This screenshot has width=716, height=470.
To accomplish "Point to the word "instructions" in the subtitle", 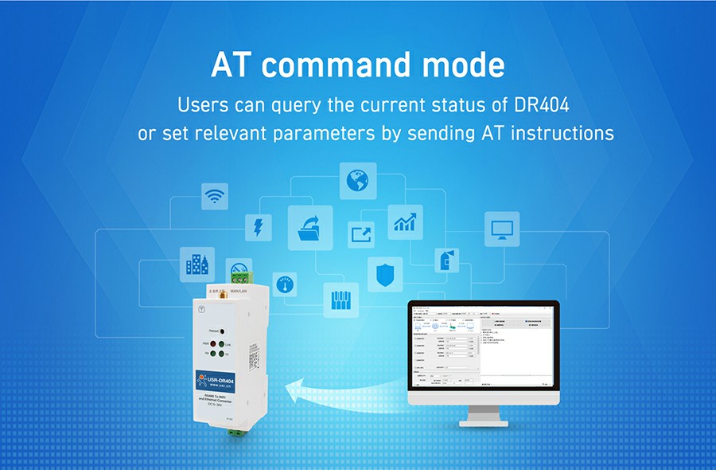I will pyautogui.click(x=562, y=133).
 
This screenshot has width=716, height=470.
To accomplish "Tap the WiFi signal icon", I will pyautogui.click(x=214, y=196).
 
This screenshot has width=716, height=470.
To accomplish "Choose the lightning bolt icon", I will pyautogui.click(x=258, y=228).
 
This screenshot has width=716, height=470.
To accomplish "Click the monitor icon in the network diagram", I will pyautogui.click(x=502, y=229).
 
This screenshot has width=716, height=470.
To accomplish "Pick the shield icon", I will pyautogui.click(x=384, y=273).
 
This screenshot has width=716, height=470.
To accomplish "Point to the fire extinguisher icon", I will pyautogui.click(x=444, y=260).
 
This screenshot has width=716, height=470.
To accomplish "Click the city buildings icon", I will pyautogui.click(x=194, y=262).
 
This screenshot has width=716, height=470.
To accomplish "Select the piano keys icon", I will pyautogui.click(x=340, y=300).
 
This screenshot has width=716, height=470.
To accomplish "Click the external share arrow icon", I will pyautogui.click(x=360, y=234).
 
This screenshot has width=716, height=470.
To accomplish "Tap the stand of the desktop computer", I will pyautogui.click(x=483, y=417).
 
